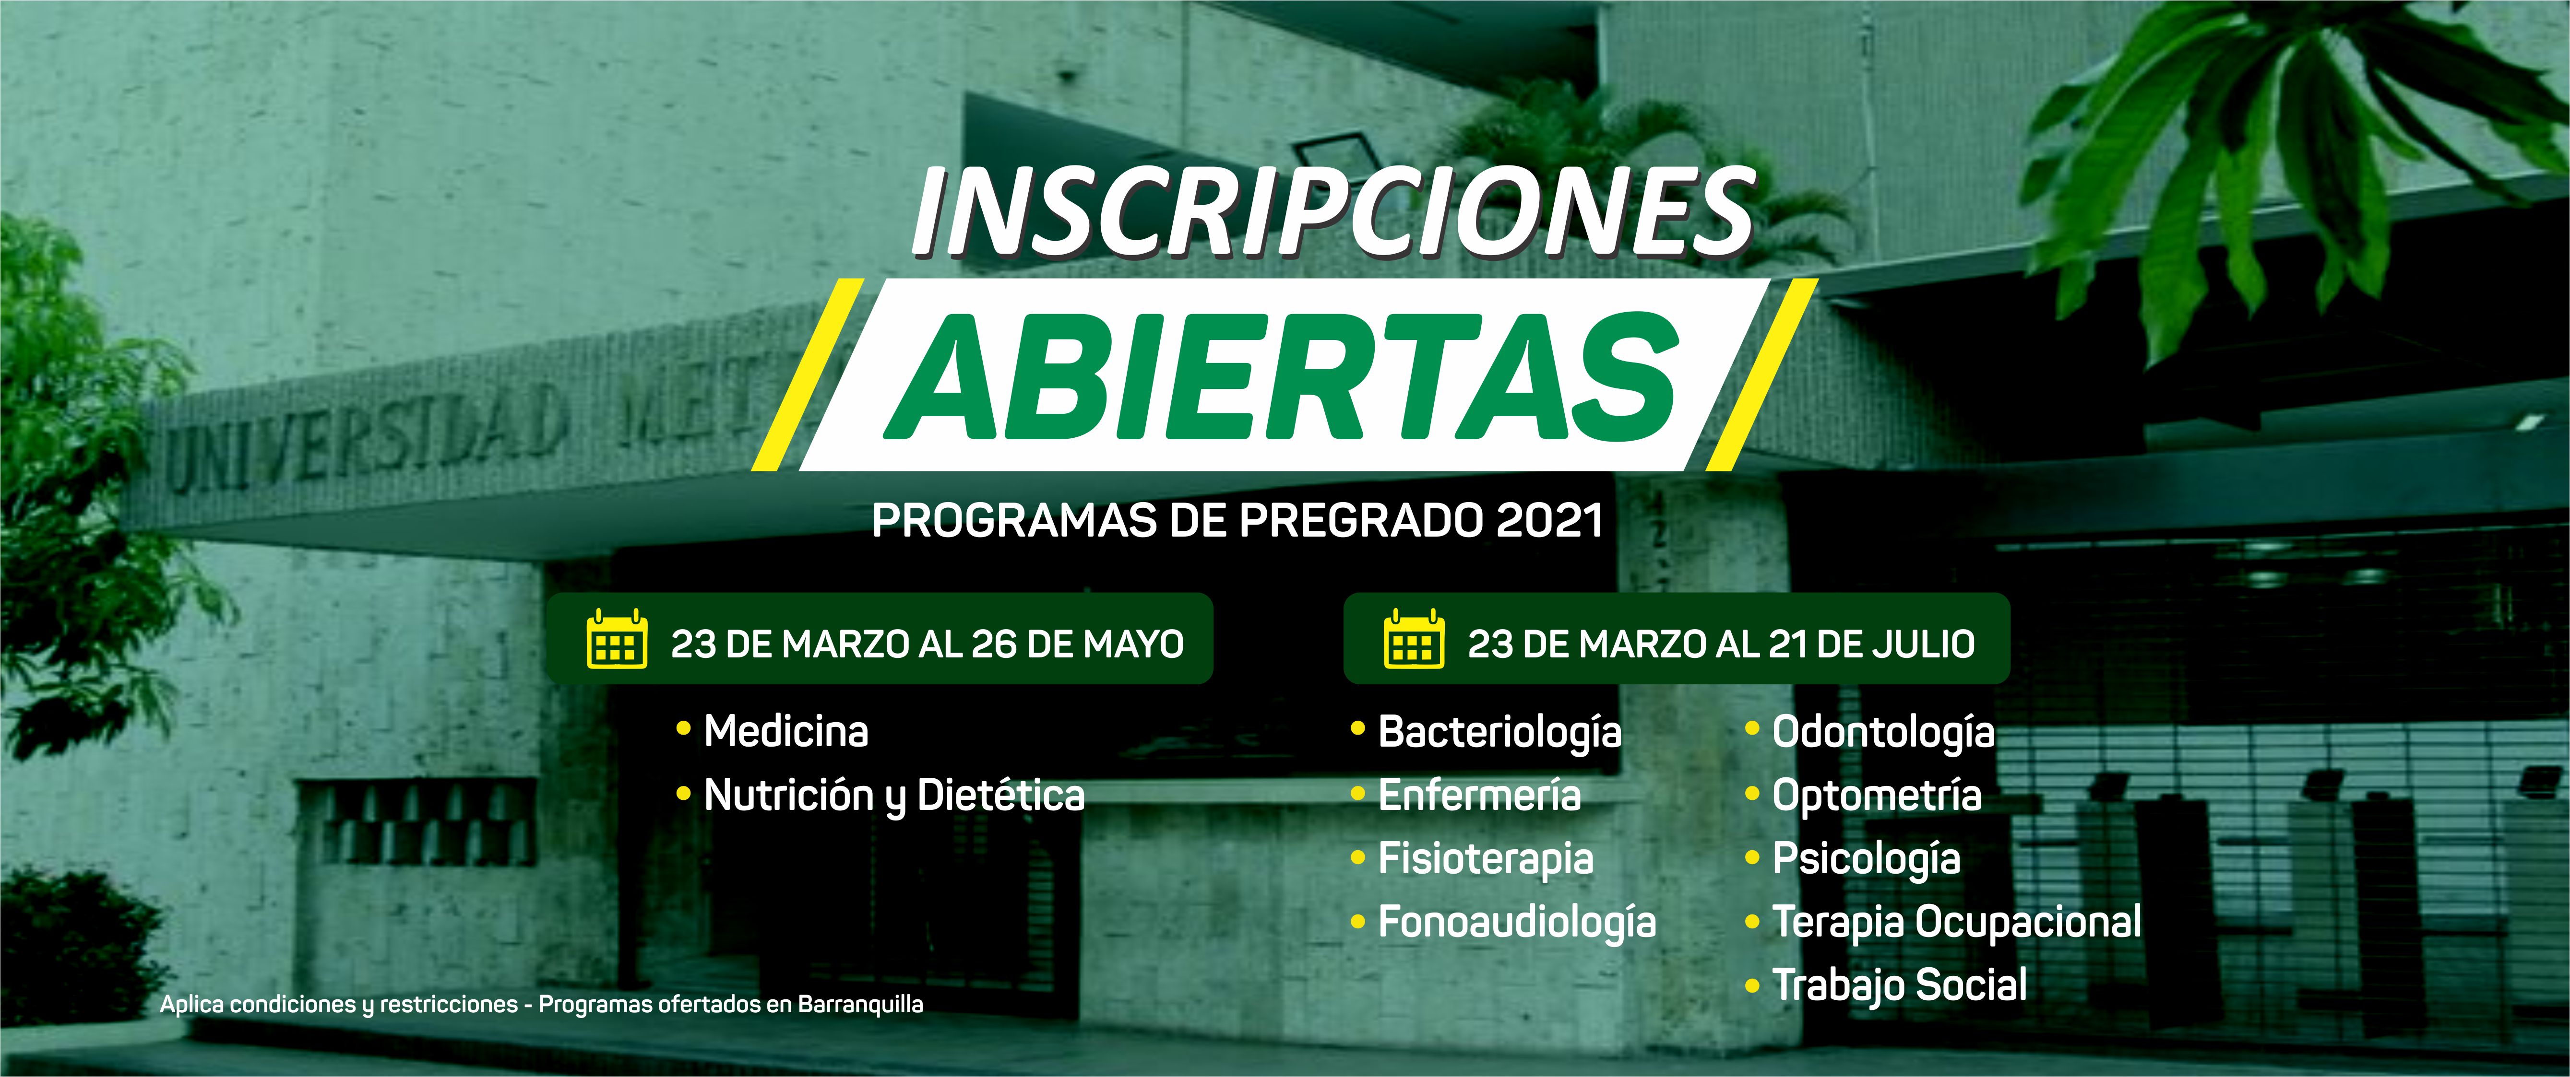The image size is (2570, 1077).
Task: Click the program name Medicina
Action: [x=786, y=731]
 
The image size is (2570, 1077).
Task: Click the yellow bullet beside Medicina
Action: [x=683, y=729]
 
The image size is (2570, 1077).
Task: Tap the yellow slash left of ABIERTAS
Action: [x=808, y=375]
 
